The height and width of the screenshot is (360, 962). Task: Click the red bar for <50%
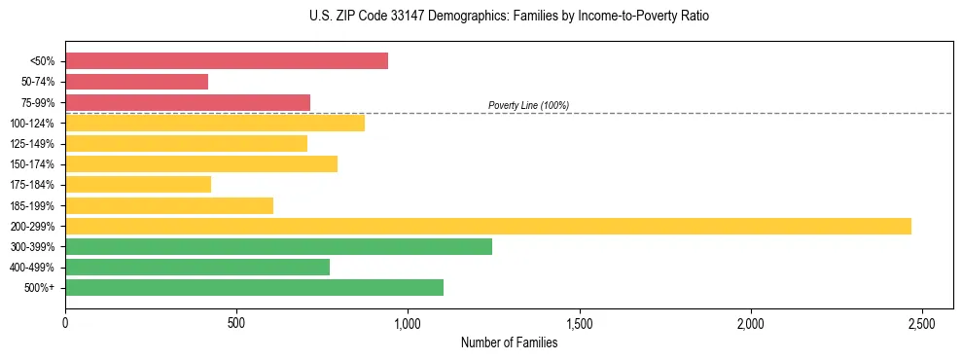point(227,61)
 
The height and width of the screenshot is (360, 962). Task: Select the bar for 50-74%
point(136,82)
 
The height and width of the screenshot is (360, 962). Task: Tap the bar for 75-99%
point(188,102)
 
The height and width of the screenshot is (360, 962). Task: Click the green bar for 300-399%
point(278,246)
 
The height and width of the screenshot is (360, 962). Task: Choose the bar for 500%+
point(254,287)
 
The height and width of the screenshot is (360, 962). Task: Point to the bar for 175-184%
point(138,185)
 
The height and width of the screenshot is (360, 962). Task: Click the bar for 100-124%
point(215,123)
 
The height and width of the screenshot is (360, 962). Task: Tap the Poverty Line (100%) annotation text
point(528,105)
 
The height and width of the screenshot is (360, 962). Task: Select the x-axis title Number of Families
point(509,342)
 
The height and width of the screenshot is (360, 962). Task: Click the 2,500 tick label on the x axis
point(922,322)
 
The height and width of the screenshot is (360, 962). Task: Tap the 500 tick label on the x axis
point(236,322)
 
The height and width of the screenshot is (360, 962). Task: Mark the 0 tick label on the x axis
point(65,322)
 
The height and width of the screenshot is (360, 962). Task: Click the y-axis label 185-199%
point(32,205)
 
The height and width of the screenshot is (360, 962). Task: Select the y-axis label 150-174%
point(32,164)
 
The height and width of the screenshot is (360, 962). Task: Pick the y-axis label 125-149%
point(32,144)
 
